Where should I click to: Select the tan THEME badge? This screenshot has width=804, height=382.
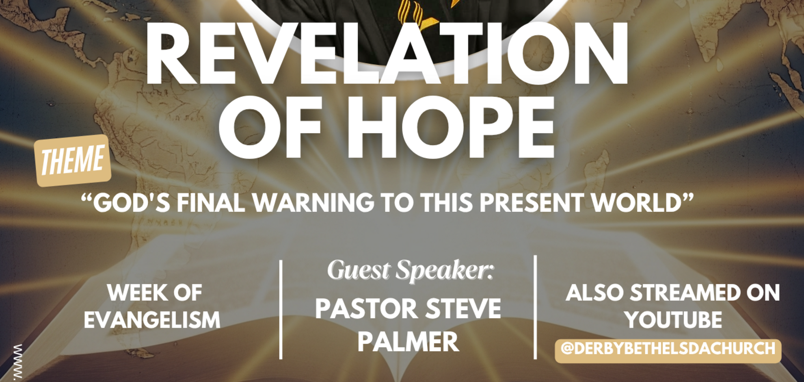(73, 161)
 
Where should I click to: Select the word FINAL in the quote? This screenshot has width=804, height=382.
(211, 202)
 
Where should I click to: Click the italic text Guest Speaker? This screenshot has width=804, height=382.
(411, 270)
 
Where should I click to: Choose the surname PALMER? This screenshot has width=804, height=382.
(408, 342)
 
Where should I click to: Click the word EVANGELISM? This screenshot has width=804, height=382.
(152, 320)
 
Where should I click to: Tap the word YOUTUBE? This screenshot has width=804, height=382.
(673, 320)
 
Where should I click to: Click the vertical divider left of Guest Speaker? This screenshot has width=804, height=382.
(281, 309)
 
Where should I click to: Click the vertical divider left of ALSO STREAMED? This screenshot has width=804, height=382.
(535, 307)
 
